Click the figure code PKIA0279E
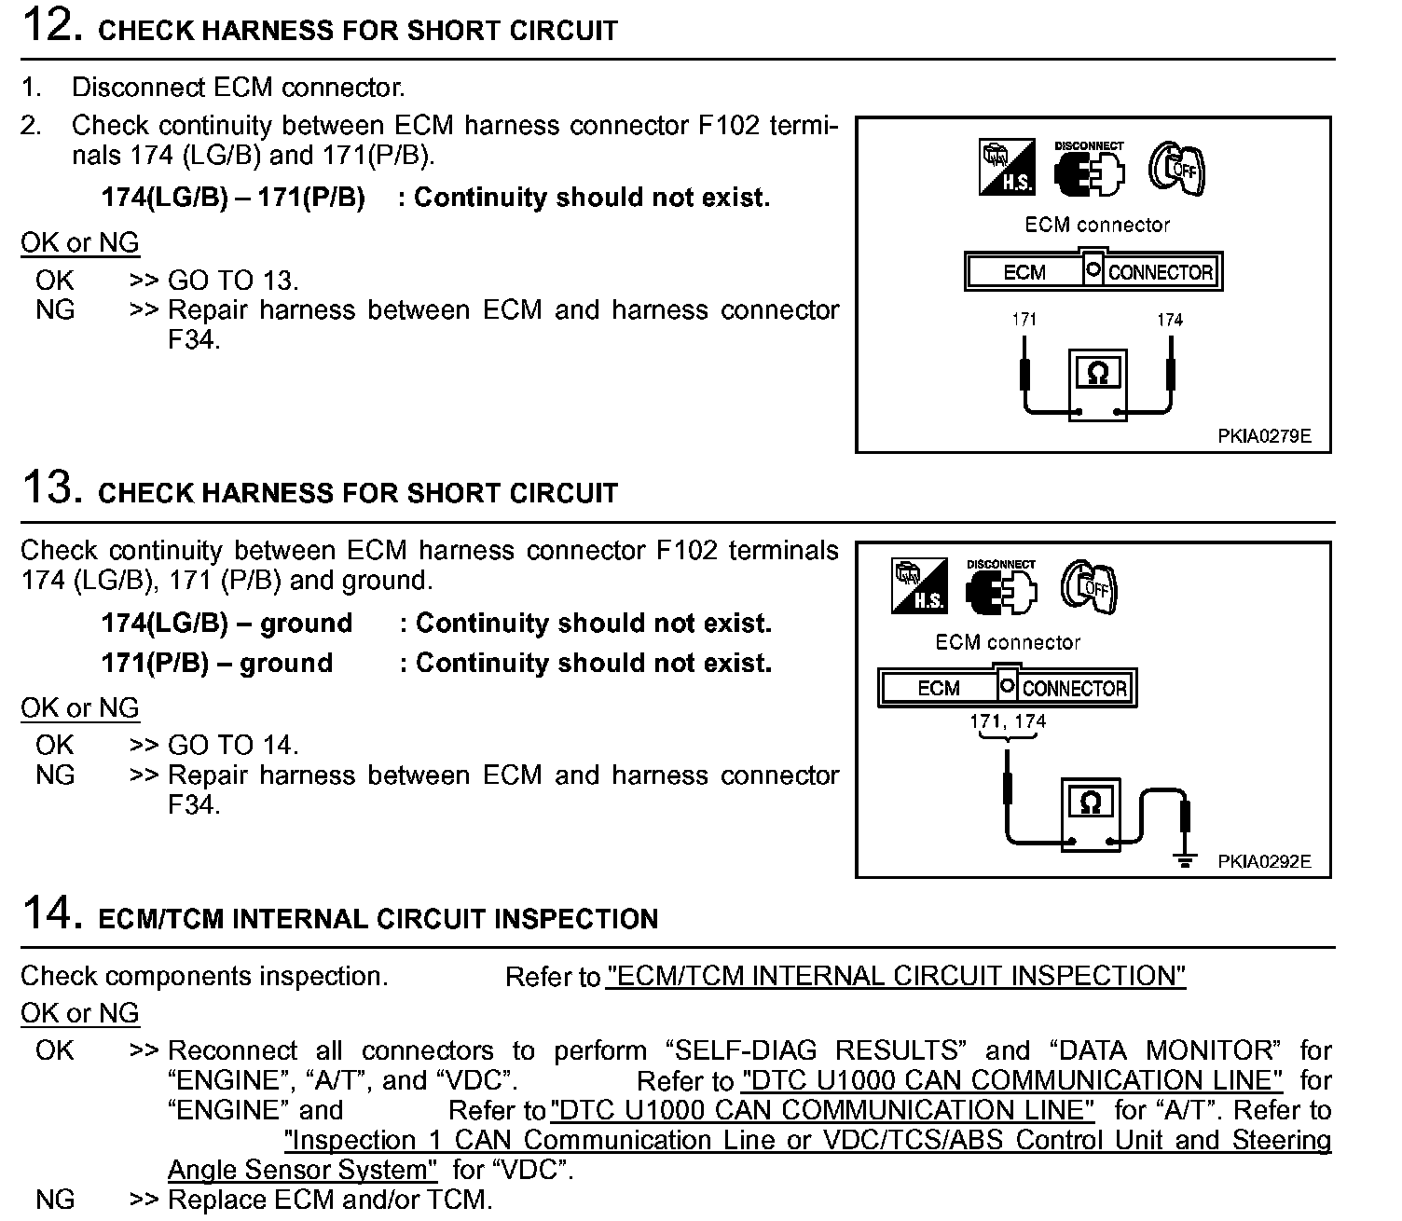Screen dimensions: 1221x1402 click(x=1263, y=435)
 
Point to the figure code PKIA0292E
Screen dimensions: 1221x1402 click(x=1263, y=861)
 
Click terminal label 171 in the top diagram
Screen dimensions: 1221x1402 click(x=1024, y=320)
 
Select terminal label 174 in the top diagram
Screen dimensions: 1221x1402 click(x=1170, y=320)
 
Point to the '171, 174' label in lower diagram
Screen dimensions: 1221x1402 click(x=1008, y=721)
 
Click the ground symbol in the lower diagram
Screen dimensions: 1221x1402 click(x=1185, y=860)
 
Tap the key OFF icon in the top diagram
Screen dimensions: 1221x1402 click(x=1176, y=169)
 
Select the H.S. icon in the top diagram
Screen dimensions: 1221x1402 click(x=1007, y=168)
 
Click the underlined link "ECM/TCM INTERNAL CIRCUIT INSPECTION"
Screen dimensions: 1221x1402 click(x=895, y=976)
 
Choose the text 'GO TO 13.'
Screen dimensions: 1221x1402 click(x=233, y=281)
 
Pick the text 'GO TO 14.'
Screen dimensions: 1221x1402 click(x=233, y=745)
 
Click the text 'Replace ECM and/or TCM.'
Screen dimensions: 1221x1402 click(x=329, y=1200)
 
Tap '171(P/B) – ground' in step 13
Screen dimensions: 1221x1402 click(x=217, y=663)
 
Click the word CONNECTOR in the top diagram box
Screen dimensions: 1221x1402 click(x=1161, y=272)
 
